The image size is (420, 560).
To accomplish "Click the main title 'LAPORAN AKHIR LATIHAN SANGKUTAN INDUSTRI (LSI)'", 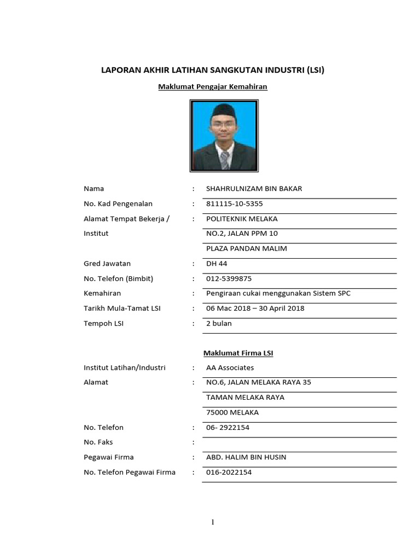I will tap(213, 70).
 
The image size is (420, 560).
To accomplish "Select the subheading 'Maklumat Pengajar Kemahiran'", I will tap(213, 86).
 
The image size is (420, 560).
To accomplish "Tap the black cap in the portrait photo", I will tap(225, 109).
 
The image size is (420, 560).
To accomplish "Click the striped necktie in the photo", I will tap(225, 159).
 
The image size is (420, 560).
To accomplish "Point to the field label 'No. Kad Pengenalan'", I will tap(118, 204).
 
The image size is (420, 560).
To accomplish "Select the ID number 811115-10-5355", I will tap(234, 204).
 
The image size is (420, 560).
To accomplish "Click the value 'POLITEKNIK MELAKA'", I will tap(242, 219).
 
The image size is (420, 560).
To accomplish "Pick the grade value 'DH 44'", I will tap(217, 264).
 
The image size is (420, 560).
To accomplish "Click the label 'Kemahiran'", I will tap(102, 293).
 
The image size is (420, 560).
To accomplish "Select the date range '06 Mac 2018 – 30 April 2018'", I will tap(255, 308).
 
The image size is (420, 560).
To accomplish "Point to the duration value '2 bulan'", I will tap(219, 323).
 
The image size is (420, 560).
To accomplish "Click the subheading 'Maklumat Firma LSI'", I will tap(238, 353).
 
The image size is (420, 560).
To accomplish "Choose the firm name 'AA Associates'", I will tap(230, 367).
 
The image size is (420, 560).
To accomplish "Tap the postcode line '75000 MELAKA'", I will tap(232, 412).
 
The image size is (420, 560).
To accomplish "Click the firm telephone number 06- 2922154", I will tap(227, 428).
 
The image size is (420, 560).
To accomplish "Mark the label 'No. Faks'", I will tap(98, 442).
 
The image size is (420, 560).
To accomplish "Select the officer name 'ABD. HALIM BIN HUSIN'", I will tap(246, 457).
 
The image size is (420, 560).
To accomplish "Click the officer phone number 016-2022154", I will tap(229, 472).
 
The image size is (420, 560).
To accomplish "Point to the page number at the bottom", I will tap(213, 522).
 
